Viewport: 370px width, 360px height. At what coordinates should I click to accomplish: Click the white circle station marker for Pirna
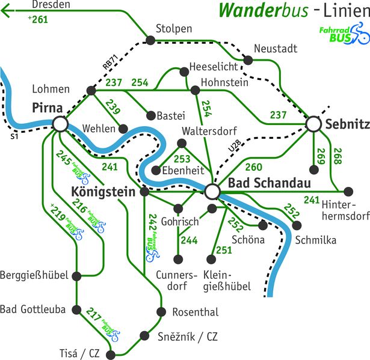[60, 124]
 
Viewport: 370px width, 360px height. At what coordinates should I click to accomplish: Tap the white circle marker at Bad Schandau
[212, 192]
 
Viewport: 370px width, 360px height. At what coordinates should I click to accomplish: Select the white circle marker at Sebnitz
[313, 124]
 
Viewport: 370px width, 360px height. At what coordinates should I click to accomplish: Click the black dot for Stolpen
[150, 40]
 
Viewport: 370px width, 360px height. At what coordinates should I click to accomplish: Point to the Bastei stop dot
[151, 115]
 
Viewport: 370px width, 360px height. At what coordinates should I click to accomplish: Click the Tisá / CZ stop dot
[111, 355]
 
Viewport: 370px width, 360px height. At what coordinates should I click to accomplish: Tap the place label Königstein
[103, 192]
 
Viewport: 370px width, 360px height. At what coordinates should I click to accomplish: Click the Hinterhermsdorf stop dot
[348, 192]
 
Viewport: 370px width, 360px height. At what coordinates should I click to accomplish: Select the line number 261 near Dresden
[38, 19]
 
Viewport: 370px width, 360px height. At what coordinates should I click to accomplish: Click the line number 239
[113, 106]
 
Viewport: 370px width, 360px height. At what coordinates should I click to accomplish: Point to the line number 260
[254, 167]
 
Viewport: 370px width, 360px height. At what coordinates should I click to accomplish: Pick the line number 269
[321, 156]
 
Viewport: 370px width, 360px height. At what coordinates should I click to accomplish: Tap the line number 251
[224, 250]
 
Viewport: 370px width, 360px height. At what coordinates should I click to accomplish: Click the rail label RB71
[111, 62]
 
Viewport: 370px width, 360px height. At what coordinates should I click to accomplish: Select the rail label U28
[235, 145]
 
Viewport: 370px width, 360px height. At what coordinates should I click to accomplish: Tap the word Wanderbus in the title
[264, 10]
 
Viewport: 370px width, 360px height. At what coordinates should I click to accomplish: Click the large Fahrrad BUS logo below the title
[344, 34]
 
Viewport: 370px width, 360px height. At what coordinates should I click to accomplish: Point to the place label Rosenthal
[196, 312]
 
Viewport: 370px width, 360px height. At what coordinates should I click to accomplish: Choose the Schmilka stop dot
[297, 225]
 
